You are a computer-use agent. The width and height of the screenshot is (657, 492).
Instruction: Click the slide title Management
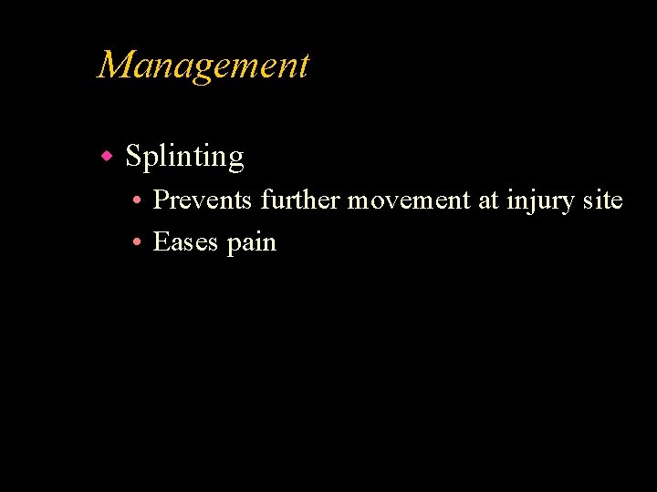[x=203, y=66]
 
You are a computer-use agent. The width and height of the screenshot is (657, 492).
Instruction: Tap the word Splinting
[x=184, y=158]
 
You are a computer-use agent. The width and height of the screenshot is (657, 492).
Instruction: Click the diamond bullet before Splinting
[x=107, y=157]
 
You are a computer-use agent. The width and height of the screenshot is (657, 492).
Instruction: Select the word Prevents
[x=203, y=200]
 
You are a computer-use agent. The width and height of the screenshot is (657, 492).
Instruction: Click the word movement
[x=409, y=200]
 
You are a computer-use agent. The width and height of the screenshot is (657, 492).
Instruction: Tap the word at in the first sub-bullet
[x=488, y=200]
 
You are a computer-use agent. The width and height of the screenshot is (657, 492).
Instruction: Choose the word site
[x=602, y=200]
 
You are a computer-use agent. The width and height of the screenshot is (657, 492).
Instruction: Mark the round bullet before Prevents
[x=134, y=200]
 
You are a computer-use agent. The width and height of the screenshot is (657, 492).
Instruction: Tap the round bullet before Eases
[x=134, y=243]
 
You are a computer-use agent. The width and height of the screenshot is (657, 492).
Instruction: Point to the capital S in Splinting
[x=133, y=157]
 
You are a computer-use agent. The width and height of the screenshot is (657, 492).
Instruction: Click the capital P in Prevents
[x=161, y=200]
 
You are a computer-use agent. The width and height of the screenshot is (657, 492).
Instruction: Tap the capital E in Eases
[x=161, y=242]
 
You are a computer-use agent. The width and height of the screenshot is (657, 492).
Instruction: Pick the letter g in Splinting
[x=235, y=161]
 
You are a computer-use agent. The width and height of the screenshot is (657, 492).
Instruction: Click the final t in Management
[x=304, y=67]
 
